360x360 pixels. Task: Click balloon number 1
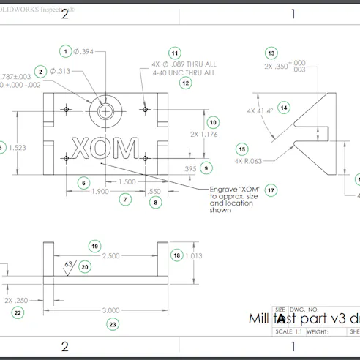click(x=65, y=51)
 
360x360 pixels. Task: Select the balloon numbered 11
click(x=174, y=53)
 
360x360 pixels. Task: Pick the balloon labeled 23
click(x=111, y=323)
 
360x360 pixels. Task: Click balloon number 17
click(x=271, y=190)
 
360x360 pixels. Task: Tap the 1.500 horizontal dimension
click(x=125, y=181)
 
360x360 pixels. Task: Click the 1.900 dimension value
click(x=101, y=191)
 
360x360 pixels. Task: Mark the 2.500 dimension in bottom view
click(x=110, y=256)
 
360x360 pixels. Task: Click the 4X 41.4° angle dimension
click(x=260, y=111)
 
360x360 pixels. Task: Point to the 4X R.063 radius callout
click(x=248, y=160)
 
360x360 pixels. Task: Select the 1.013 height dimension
click(x=193, y=255)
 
